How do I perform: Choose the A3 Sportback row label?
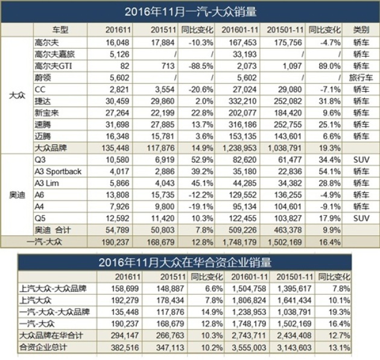[x=59, y=171]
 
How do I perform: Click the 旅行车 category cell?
[x=361, y=77]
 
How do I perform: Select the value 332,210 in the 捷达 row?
[x=241, y=99]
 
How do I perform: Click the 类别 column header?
[x=361, y=30]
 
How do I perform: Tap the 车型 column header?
[x=60, y=30]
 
